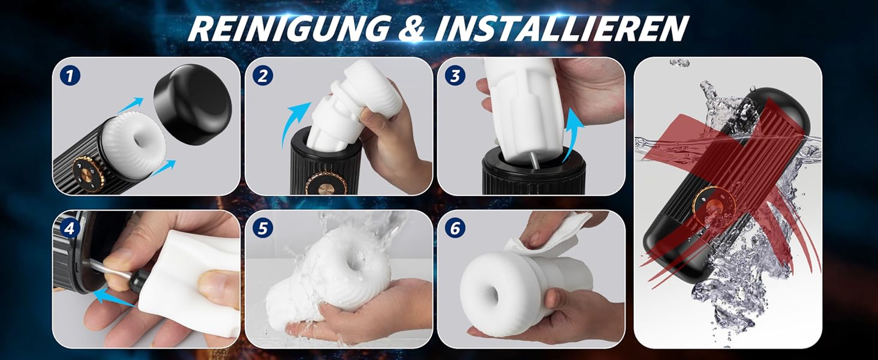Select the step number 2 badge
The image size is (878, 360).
point(263,76)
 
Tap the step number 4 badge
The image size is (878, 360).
point(71,229)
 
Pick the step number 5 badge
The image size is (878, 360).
point(263,229)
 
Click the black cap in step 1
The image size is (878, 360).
point(193,103)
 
